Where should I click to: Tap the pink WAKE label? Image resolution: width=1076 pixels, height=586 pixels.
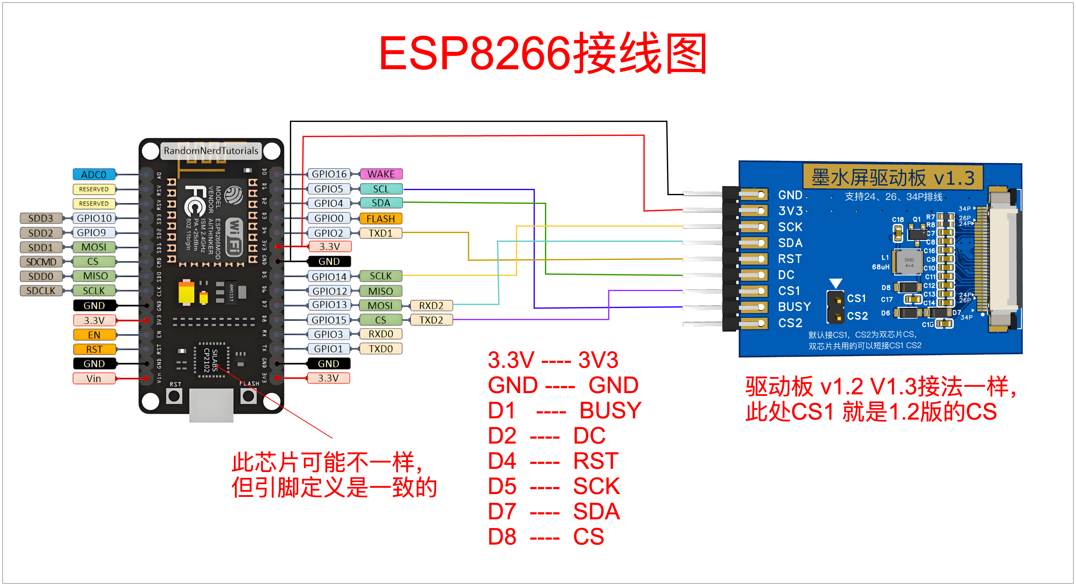(x=381, y=174)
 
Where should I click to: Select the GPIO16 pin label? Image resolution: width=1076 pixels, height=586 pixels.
(x=329, y=174)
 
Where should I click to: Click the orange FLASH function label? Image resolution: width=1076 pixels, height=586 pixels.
(x=381, y=218)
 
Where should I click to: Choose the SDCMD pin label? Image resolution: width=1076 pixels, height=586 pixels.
(x=41, y=262)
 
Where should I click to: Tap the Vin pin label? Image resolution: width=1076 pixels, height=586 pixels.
(x=94, y=378)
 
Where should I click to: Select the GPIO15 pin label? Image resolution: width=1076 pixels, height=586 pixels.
(x=329, y=320)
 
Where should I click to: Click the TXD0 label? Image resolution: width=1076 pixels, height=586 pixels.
(x=381, y=349)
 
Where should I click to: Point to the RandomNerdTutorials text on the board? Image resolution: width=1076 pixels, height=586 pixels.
(x=211, y=151)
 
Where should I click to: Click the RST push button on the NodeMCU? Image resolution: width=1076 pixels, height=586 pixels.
(x=174, y=396)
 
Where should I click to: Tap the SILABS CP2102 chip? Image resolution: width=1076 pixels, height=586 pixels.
(x=211, y=360)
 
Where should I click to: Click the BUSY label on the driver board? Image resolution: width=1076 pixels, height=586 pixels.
(x=794, y=307)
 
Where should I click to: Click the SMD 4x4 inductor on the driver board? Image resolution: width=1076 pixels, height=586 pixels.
(x=909, y=262)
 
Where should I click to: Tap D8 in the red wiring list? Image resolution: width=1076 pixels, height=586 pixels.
(x=502, y=537)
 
